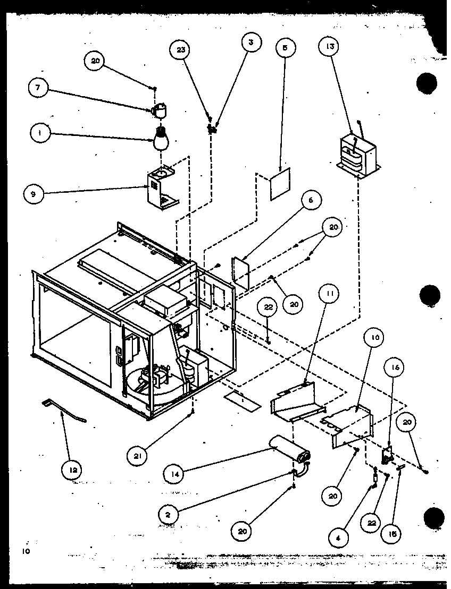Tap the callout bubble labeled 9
(34, 194)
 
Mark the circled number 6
(312, 200)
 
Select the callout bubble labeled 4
(338, 537)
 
